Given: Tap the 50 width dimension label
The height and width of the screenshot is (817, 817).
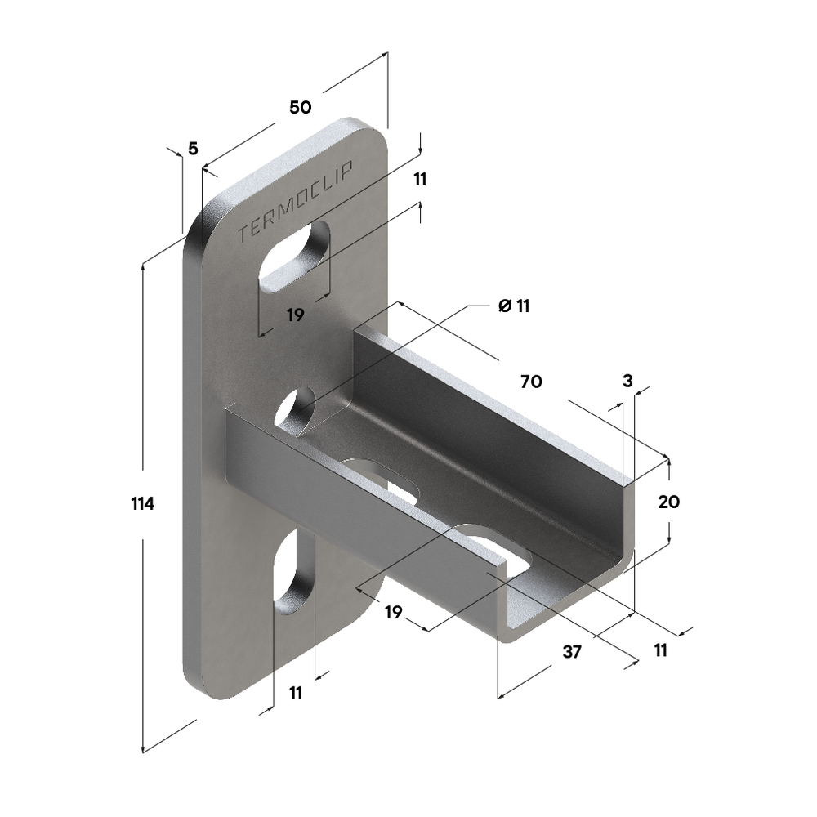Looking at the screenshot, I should [x=300, y=107].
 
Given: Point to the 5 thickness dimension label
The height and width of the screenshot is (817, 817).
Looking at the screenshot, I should [x=193, y=148].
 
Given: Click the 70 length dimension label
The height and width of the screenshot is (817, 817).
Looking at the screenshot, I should [x=530, y=381].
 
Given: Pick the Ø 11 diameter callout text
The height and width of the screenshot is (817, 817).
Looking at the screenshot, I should [x=514, y=306].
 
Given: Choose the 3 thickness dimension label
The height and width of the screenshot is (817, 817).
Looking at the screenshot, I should [x=627, y=381].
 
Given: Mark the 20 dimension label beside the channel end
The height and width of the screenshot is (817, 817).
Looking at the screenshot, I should [x=668, y=502].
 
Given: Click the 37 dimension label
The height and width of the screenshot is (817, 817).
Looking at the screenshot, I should [x=572, y=651].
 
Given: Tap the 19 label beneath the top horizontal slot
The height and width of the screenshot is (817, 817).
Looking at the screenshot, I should [x=295, y=315].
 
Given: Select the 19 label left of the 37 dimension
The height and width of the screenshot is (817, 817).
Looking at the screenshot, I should [x=393, y=612].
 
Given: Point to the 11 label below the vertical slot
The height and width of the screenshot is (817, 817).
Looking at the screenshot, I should [x=296, y=693].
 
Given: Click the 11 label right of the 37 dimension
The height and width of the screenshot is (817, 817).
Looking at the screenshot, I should [x=660, y=650].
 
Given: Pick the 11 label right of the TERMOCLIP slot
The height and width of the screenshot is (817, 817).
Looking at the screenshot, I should [x=420, y=180].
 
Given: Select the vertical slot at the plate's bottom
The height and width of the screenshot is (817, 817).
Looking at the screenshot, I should [x=292, y=576].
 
